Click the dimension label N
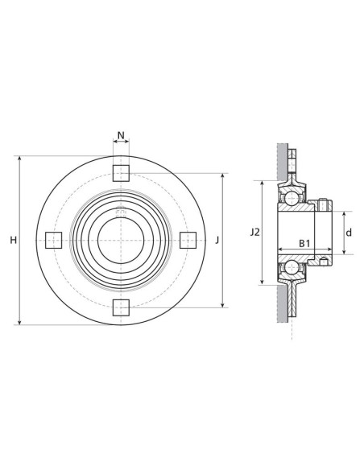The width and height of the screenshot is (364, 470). click(x=121, y=135)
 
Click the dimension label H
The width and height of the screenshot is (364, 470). click(x=14, y=240)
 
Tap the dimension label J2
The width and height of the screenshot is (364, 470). click(x=254, y=233)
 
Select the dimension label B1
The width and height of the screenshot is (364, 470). click(x=304, y=243)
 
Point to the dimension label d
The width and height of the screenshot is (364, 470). click(x=349, y=233)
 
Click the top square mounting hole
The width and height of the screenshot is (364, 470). click(x=121, y=173)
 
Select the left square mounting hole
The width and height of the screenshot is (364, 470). click(x=54, y=240)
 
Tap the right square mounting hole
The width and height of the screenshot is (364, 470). click(x=188, y=240)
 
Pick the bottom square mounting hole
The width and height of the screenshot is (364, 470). click(x=121, y=307)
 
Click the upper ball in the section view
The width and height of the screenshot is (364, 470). click(x=292, y=198)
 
